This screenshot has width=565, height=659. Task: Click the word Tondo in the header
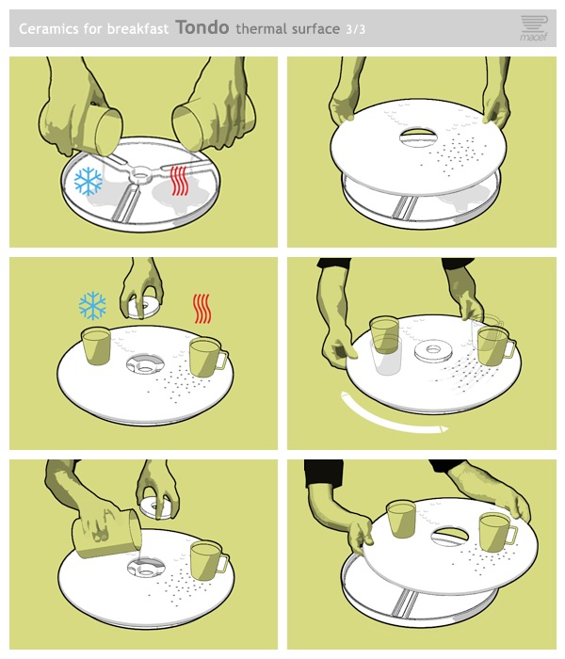(202, 27)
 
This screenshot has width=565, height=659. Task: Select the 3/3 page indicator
(356, 29)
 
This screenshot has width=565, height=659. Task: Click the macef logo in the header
(534, 28)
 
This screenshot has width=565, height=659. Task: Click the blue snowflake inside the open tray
(89, 182)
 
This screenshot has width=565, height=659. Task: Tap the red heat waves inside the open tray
(179, 181)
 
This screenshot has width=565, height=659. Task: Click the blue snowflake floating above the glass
(92, 306)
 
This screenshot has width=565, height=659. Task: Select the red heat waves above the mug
(202, 309)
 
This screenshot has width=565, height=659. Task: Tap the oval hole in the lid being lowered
(416, 137)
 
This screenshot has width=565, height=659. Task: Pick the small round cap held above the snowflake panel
(143, 307)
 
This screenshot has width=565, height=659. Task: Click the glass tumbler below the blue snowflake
(96, 346)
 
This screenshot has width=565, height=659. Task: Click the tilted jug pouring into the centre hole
(106, 534)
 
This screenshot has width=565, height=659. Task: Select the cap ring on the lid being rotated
(433, 351)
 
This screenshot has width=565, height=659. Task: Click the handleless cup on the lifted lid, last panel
(400, 519)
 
